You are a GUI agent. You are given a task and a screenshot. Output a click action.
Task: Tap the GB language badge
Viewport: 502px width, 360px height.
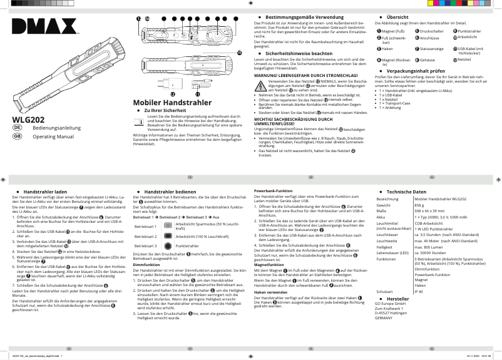pos(18,136)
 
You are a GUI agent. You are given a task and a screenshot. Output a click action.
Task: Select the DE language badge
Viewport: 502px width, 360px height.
pos(18,128)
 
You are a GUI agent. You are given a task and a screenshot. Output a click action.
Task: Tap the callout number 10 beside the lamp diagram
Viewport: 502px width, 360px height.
pos(238,53)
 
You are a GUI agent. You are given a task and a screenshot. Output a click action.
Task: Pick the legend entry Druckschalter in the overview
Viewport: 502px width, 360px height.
pos(431,31)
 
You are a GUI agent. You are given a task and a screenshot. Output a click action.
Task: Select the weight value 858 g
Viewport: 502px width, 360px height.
pos(421,205)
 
